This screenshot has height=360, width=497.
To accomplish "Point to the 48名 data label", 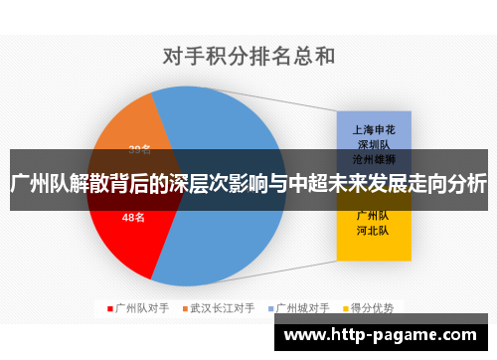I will point(133,217).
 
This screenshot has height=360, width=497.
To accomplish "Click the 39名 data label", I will point(140,150).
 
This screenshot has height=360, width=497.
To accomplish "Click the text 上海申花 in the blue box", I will point(372,129).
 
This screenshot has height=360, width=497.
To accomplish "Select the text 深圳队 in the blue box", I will point(372,144).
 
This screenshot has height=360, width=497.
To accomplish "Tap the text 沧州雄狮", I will point(372,158).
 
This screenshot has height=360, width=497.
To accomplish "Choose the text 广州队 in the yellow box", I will point(372,215).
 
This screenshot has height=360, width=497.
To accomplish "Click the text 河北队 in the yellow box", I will point(372,230).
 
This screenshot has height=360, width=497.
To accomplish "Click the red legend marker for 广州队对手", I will point(110,308).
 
